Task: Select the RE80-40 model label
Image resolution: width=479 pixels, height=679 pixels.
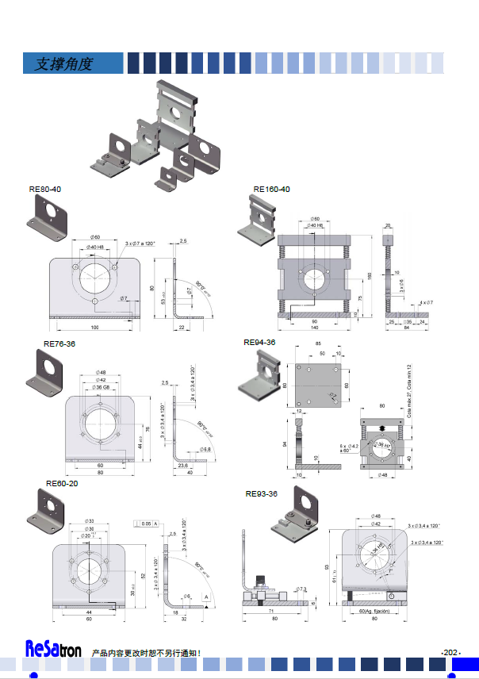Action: click(44, 190)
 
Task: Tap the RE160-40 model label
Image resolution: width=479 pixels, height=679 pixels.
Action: click(272, 190)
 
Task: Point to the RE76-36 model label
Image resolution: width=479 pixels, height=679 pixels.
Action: click(59, 344)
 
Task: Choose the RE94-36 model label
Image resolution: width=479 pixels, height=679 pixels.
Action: click(259, 343)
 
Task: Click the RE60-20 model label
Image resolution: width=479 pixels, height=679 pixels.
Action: click(62, 483)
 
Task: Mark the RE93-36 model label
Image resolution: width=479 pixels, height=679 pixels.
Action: click(261, 493)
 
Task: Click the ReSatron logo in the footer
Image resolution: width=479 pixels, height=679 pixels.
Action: click(52, 650)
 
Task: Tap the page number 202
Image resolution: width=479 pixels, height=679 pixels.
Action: click(450, 652)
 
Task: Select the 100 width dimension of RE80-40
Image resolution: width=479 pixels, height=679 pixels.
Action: click(95, 327)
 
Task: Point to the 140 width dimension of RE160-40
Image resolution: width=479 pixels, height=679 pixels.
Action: click(314, 327)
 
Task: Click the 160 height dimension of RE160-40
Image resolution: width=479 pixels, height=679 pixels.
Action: click(369, 275)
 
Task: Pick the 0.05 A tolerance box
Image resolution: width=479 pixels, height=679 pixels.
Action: click(148, 524)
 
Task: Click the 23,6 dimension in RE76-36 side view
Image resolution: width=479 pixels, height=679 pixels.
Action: click(182, 465)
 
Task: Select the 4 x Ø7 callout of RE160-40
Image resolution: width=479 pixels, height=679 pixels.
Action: click(427, 302)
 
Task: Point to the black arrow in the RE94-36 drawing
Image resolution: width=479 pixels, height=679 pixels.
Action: click(383, 428)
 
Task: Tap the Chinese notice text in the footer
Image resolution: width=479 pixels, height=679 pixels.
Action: click(147, 653)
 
